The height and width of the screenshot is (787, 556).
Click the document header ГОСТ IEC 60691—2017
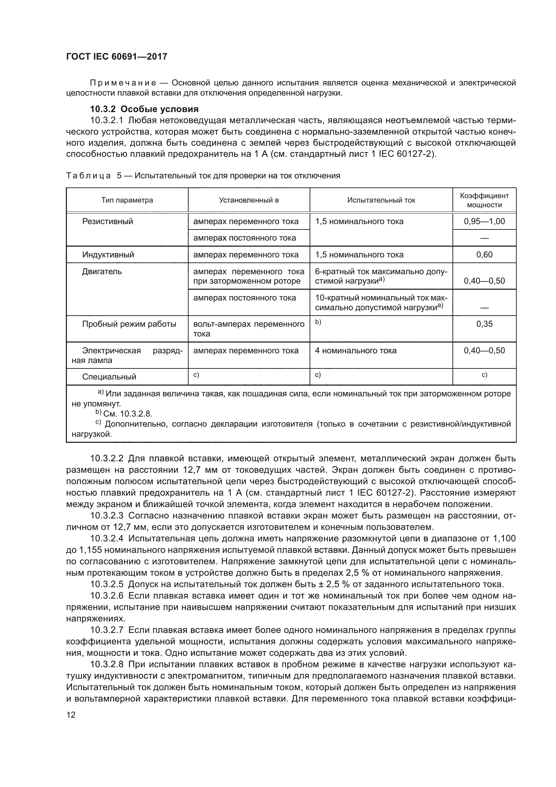pos(117,57)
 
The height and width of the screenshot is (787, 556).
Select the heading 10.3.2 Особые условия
pos(144,109)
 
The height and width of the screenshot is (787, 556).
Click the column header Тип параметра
pos(127,200)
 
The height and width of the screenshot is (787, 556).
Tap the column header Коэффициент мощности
pos(484,200)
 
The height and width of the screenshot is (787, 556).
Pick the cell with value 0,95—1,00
pos(484,221)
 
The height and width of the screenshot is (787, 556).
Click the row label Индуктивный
pos(108,255)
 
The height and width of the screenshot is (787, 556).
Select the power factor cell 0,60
pos(484,255)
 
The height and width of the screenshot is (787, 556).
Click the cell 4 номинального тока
pos(355,351)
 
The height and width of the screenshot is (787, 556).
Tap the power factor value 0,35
pos(484,324)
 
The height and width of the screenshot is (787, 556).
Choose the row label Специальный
pos(109,377)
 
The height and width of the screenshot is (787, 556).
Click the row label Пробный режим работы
pos(129,324)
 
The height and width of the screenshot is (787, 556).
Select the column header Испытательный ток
pos(381,200)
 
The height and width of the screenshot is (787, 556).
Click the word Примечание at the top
pos(123,83)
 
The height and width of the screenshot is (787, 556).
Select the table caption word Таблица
pos(88,176)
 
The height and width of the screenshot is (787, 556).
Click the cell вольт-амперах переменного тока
pos(248,329)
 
